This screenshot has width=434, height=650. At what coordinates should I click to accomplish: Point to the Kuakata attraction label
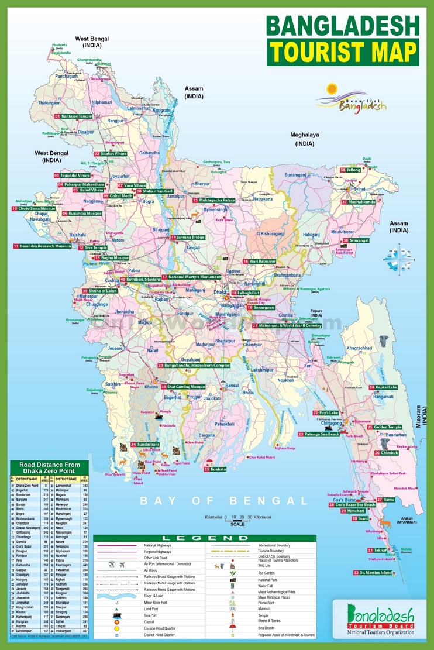click(218, 469)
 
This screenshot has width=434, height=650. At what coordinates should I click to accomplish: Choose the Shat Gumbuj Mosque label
click(186, 387)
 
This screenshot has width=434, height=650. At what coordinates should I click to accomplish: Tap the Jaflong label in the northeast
click(353, 170)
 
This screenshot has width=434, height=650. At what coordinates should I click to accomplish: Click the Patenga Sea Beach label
click(321, 434)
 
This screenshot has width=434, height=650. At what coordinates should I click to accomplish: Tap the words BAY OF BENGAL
click(223, 501)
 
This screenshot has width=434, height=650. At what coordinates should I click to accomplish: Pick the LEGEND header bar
click(204, 538)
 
